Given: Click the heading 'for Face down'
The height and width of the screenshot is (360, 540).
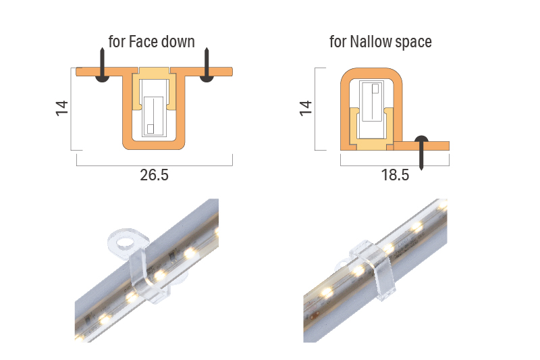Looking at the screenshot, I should tap(151, 42).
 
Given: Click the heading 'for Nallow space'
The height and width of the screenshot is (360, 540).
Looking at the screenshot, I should tap(380, 42).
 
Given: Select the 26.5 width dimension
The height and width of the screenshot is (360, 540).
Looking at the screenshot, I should tap(154, 176).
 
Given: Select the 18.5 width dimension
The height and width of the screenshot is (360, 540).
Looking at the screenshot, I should tap(395, 176).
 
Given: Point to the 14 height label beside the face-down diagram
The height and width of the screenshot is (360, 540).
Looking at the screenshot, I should tap(62, 108).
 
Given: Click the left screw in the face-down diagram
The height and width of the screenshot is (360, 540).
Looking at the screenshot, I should tap(101, 67).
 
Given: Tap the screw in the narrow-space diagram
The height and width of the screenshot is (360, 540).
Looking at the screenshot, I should tap(421, 152).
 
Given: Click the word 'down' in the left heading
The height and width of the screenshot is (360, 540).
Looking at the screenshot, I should tap(178, 42).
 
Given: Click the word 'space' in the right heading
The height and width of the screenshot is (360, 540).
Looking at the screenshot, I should tap(414, 42).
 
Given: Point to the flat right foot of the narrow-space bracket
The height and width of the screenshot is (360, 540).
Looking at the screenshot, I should tap(432, 145).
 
